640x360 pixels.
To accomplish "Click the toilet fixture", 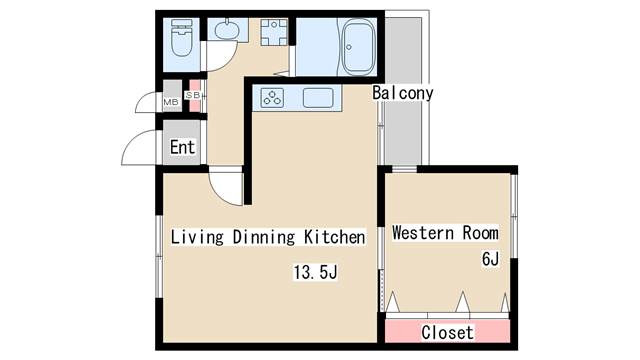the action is (181, 37).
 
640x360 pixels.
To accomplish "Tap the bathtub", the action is (358, 47).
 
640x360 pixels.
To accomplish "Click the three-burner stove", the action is (272, 98).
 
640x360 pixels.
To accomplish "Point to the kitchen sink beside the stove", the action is (318, 98).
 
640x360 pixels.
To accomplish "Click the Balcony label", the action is (402, 93).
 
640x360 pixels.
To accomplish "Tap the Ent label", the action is (182, 147).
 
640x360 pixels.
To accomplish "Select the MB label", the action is (171, 102).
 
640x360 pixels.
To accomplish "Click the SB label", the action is (193, 95).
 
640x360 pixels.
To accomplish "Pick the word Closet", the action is (448, 333).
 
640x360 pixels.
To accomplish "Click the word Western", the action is (423, 233).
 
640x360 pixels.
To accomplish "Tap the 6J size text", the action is (490, 259).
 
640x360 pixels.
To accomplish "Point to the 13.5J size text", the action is (316, 272).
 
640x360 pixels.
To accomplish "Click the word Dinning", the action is (264, 237).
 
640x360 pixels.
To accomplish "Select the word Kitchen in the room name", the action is (335, 237).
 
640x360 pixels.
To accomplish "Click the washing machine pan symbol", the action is (274, 32).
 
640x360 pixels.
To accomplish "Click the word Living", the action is (197, 237).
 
